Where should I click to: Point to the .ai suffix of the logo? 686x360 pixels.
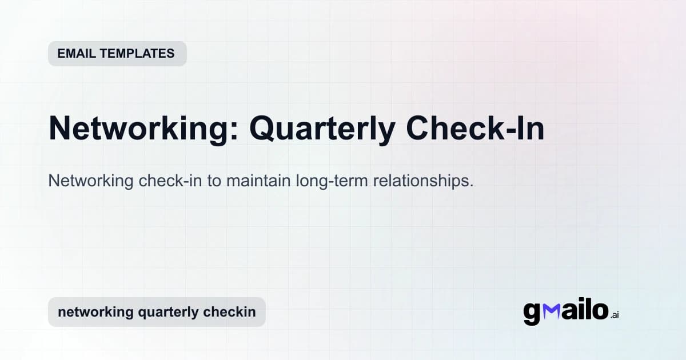pos(615,315)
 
